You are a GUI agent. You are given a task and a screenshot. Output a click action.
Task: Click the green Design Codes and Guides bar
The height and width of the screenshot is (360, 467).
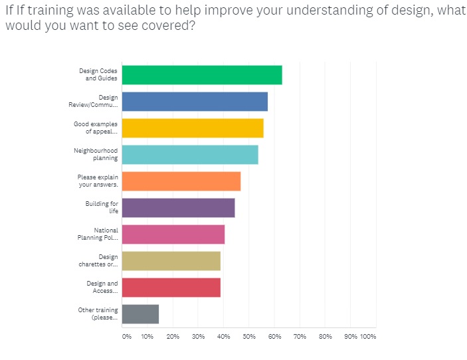(x=202, y=75)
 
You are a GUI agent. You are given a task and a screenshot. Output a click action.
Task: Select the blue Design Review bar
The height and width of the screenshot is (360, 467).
(x=195, y=102)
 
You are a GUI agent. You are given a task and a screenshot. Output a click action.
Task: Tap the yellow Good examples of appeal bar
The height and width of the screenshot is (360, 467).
(x=193, y=128)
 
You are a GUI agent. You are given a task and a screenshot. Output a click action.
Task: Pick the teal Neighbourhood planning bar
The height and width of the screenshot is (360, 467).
(x=190, y=155)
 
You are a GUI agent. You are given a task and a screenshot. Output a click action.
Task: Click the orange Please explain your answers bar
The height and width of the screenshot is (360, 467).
(x=181, y=181)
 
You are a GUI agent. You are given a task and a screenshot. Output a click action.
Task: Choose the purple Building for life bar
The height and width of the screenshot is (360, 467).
(x=179, y=208)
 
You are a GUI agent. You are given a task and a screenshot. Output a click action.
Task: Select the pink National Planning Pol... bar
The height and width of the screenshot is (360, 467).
(x=173, y=234)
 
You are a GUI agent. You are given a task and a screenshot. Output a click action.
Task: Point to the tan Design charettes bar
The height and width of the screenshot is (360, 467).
(x=171, y=261)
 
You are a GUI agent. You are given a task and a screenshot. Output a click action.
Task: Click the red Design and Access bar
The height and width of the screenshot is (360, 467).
(x=171, y=288)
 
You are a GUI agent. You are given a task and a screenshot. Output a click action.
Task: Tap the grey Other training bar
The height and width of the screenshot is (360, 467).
(x=141, y=314)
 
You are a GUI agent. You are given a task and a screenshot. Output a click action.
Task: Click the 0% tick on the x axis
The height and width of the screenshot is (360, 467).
(x=126, y=337)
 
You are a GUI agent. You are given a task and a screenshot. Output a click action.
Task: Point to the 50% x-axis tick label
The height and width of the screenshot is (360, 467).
(x=249, y=337)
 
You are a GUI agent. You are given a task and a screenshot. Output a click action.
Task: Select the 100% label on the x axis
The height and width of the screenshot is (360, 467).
(x=368, y=337)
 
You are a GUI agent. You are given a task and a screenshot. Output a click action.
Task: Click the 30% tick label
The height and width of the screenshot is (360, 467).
(x=198, y=337)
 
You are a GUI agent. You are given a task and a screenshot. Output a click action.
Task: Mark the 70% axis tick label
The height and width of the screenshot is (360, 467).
(x=300, y=337)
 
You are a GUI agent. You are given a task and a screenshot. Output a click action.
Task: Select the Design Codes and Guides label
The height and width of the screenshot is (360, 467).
(x=98, y=75)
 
